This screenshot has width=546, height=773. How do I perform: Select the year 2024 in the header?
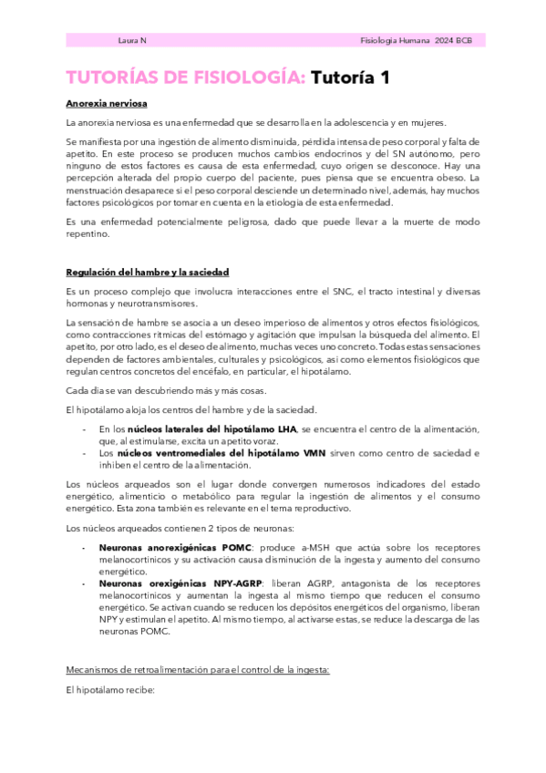tap(445, 41)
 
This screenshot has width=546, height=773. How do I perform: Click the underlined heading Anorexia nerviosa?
tap(107, 104)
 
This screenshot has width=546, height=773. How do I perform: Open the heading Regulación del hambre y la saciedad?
tap(147, 273)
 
